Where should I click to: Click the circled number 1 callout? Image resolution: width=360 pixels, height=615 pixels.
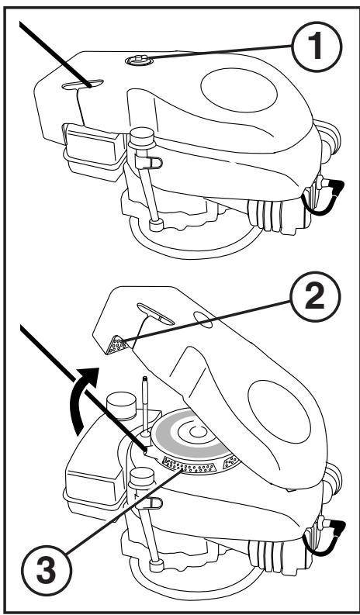tap(317, 47)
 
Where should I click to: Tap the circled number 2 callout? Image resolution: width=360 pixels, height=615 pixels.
tap(314, 297)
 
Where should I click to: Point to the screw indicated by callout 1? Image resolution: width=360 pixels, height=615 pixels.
tap(138, 60)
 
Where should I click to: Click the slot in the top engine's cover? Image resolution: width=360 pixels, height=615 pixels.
tap(83, 84)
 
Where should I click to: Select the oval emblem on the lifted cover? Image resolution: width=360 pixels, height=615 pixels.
tap(279, 412)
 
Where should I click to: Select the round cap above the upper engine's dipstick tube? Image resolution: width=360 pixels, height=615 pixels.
tap(142, 137)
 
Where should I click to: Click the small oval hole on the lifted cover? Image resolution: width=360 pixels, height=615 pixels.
tap(203, 320)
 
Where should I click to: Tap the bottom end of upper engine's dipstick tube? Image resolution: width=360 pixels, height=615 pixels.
tap(156, 225)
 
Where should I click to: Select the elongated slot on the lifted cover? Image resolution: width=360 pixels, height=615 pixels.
tap(155, 314)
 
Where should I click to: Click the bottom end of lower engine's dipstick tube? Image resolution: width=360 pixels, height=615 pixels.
tap(156, 565)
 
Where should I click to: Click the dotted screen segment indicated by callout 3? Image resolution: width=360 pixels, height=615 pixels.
tap(189, 466)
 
